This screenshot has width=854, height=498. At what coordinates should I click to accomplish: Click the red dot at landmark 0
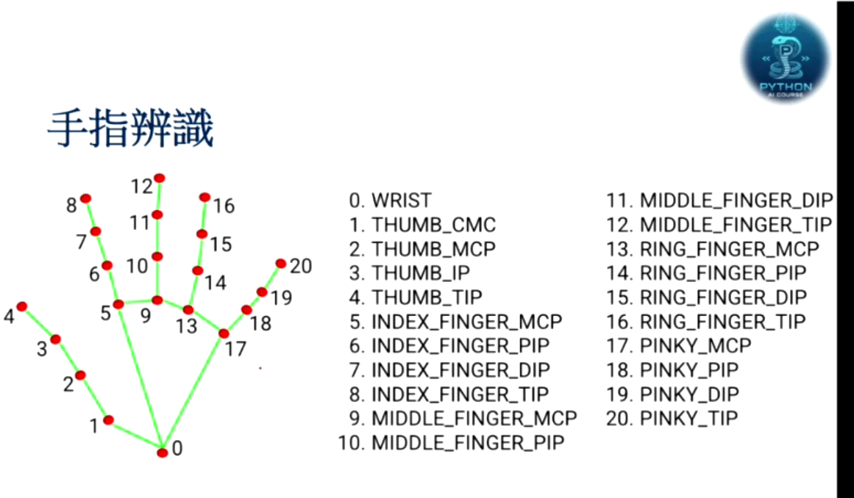(x=162, y=452)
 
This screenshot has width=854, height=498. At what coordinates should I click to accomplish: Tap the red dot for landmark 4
(x=22, y=306)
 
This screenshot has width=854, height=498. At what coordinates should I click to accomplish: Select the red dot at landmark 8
(x=86, y=198)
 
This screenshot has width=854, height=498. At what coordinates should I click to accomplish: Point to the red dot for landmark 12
(x=159, y=178)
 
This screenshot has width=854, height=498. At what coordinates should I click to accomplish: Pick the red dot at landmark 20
(x=280, y=263)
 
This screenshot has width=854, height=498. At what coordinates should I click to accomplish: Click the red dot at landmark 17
(x=224, y=334)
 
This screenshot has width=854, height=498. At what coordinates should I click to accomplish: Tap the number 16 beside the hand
(x=224, y=206)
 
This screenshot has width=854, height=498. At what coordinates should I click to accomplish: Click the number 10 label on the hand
(x=138, y=266)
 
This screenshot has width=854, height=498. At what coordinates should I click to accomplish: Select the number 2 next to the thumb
(x=68, y=384)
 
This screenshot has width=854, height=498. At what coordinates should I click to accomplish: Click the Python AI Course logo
(x=786, y=57)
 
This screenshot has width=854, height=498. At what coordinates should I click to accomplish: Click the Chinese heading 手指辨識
(x=130, y=129)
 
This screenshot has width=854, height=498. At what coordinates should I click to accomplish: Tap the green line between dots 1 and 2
(x=95, y=397)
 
